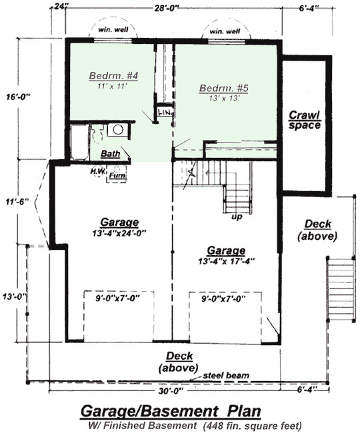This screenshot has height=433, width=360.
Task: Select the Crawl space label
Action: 305,120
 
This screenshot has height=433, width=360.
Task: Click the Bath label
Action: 110,154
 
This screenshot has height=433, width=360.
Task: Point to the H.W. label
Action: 98,170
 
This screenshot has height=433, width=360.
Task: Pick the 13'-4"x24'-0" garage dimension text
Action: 114,233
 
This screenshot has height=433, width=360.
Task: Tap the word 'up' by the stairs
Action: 235,217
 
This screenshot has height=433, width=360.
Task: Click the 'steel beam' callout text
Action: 227,376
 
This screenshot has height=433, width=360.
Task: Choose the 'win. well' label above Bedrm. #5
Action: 225,31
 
